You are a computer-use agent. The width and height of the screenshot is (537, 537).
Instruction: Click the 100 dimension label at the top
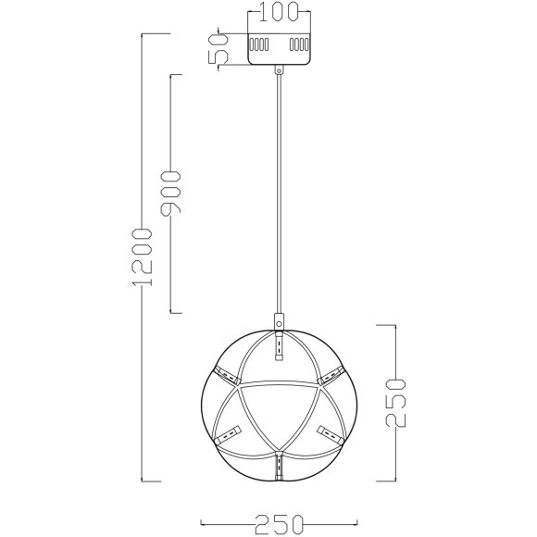279,11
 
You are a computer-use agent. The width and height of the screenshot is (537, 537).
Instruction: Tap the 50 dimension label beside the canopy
218,49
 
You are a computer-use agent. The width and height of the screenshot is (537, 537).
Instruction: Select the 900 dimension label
170,194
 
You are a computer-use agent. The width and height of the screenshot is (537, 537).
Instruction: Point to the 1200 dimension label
142,257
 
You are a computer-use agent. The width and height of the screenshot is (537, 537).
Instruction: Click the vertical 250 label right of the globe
395,403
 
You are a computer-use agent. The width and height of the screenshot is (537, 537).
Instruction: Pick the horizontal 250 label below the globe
279,524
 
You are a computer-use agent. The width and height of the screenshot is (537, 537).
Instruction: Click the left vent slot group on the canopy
259,44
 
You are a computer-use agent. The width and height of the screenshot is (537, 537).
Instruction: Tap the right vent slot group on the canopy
299,44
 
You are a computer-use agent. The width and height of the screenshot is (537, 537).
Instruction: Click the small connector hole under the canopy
279,71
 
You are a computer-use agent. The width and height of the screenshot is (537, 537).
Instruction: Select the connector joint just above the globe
279,321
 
